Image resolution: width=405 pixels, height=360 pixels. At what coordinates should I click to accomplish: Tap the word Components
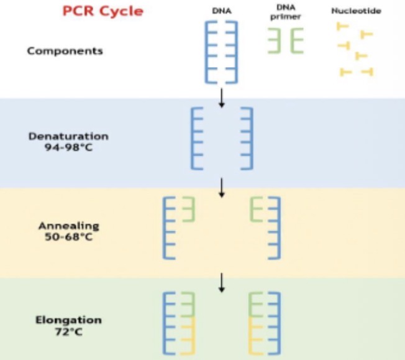(65, 51)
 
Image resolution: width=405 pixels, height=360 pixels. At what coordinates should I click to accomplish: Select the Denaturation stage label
(68, 136)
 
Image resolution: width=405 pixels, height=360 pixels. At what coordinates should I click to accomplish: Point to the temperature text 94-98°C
(68, 149)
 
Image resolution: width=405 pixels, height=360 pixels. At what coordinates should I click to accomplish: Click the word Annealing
(68, 226)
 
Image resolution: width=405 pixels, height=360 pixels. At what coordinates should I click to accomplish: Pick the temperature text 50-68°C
(68, 238)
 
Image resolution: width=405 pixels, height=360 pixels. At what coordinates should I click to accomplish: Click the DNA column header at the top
(222, 11)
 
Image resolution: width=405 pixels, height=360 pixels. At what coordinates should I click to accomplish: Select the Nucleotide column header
(356, 11)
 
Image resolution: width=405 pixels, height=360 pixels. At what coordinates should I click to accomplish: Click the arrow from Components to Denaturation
(222, 96)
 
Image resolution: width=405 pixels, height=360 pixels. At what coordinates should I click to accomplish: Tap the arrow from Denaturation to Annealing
(222, 187)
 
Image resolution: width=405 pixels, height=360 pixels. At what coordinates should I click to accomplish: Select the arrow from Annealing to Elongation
(222, 282)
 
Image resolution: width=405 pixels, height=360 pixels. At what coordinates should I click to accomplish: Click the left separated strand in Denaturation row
(197, 138)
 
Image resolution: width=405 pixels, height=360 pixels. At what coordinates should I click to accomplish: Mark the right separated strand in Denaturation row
(247, 138)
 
